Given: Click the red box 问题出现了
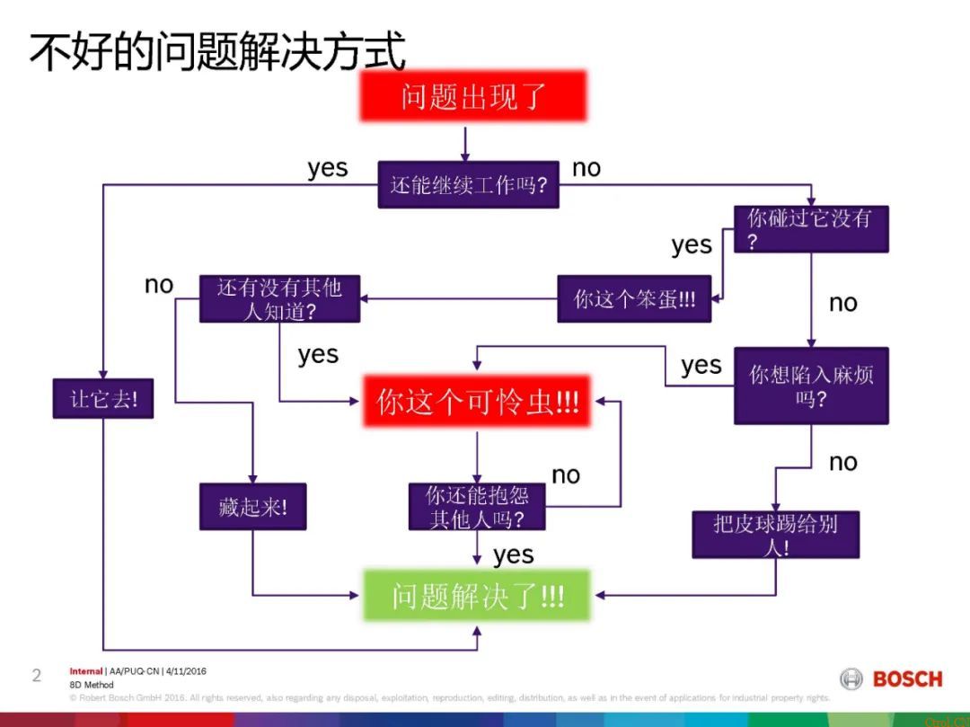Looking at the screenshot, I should [x=472, y=96].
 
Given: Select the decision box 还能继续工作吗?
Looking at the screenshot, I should [x=468, y=184].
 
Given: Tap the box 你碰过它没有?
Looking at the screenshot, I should [x=810, y=229].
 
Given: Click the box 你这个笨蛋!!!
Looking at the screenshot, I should [x=634, y=298].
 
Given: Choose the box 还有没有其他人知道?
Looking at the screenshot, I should [x=279, y=298].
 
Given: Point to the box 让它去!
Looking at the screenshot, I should [x=102, y=398].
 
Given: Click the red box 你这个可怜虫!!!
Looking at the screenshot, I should [x=477, y=402].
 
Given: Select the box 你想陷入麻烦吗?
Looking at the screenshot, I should [x=810, y=386].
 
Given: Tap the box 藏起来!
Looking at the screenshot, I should [x=252, y=507].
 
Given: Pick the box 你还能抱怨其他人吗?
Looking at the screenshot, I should [x=477, y=507].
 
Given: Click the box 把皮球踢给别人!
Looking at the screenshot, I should [x=775, y=535].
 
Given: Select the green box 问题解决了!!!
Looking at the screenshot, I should [x=477, y=595].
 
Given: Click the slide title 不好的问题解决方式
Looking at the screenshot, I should [x=217, y=51].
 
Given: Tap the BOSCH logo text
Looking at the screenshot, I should [x=907, y=679].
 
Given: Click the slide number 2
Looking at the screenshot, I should [x=37, y=675].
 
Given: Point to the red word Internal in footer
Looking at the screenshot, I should [x=85, y=671].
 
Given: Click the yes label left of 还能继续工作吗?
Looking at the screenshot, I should [x=327, y=168].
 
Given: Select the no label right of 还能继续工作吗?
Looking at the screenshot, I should [x=586, y=168].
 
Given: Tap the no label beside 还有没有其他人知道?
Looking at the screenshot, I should [x=159, y=285].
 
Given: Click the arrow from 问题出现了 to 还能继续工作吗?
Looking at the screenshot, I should [x=465, y=142].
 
